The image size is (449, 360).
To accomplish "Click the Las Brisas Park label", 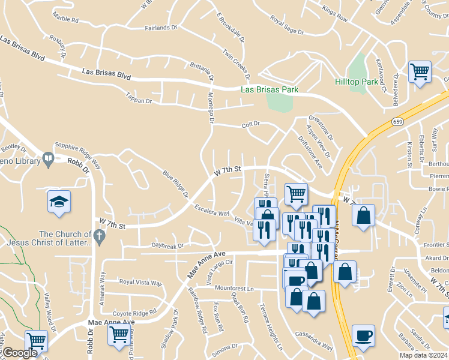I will (x=270, y=89).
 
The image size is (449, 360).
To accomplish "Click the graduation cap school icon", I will (x=59, y=202).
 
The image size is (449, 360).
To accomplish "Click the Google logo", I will (x=20, y=353).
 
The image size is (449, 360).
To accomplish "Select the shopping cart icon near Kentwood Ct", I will (x=420, y=72).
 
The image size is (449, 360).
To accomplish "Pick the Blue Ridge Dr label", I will (x=176, y=185).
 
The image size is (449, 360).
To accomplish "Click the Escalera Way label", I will (x=212, y=211).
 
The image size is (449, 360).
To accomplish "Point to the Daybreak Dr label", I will (x=167, y=246).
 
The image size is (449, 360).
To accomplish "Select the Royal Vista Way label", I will (x=140, y=282).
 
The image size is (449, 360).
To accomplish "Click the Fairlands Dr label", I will (x=161, y=28).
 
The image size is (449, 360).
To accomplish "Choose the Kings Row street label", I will (x=334, y=16).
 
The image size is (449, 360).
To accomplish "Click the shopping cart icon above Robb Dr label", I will (x=37, y=340).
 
